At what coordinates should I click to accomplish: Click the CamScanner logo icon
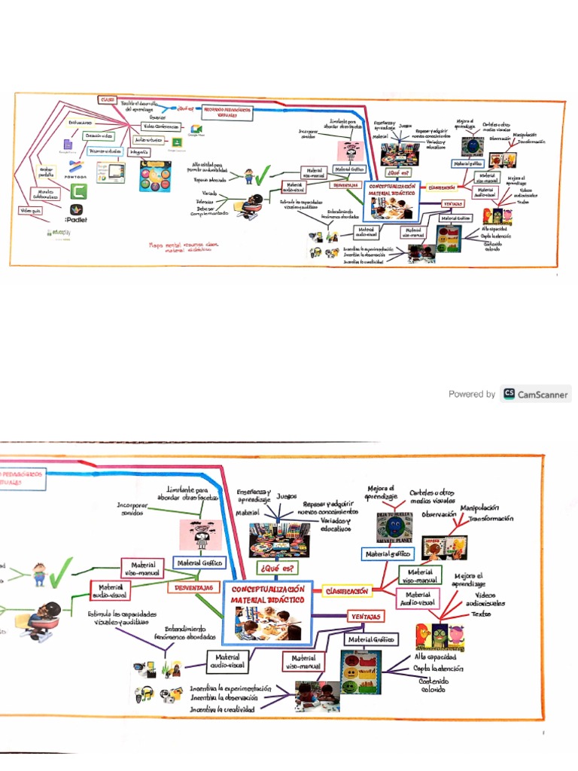pyautogui.click(x=510, y=394)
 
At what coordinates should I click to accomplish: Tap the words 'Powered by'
pyautogui.click(x=472, y=394)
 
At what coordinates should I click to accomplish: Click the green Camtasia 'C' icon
pyautogui.click(x=79, y=191)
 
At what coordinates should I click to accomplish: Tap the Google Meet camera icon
pyautogui.click(x=196, y=130)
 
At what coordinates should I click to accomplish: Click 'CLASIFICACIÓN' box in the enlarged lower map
pyautogui.click(x=348, y=592)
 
